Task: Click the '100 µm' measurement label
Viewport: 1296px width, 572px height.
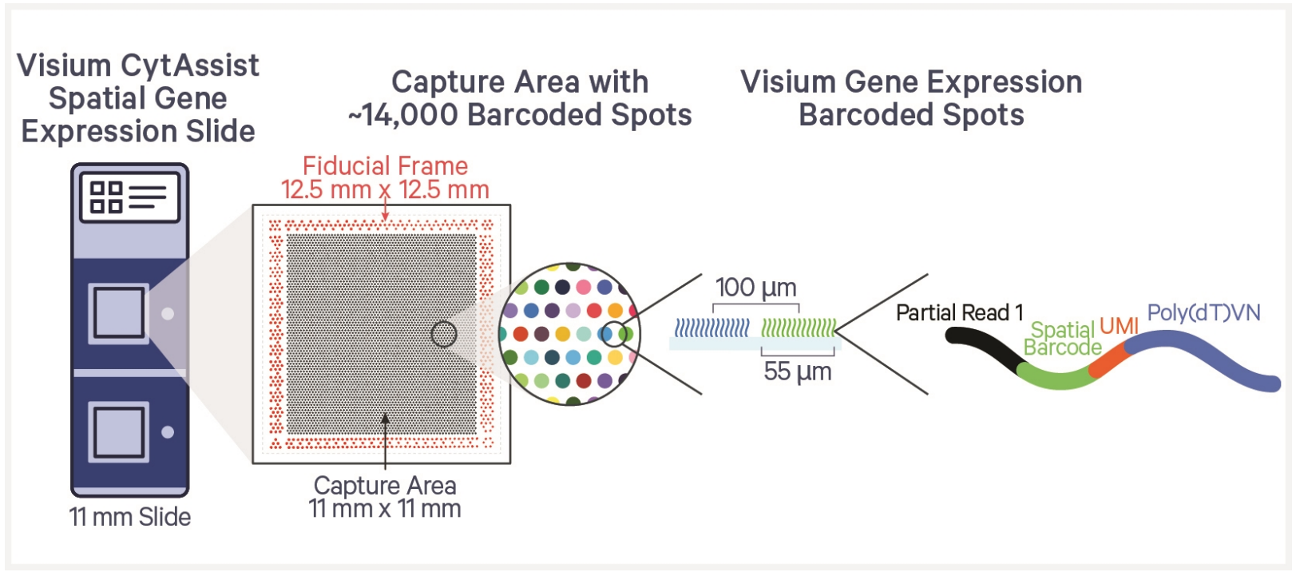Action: [x=755, y=288]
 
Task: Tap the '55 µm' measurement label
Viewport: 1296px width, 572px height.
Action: [x=797, y=371]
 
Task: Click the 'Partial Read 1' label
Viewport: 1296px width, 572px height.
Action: [x=959, y=312]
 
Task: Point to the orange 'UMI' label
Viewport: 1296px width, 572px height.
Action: [x=1119, y=325]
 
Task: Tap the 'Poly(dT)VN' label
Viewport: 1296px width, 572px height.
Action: [x=1203, y=312]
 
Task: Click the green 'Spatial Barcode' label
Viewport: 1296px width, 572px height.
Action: [x=1062, y=339]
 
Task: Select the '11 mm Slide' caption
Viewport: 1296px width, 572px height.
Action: [x=130, y=517]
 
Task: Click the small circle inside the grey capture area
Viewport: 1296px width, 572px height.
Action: [x=443, y=334]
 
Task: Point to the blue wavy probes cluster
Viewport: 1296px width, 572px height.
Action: [x=711, y=327]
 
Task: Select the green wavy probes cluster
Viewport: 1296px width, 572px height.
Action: [x=798, y=327]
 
